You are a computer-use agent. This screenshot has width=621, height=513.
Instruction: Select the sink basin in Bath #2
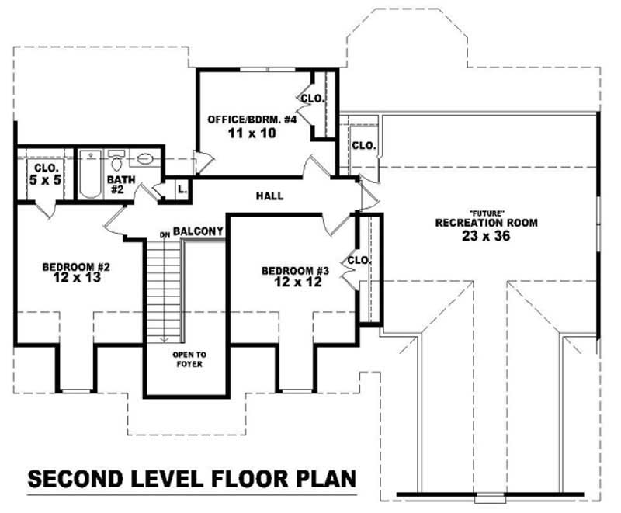145,160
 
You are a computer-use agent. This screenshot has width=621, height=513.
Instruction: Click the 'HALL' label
269,196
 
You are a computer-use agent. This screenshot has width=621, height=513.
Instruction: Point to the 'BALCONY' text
199,231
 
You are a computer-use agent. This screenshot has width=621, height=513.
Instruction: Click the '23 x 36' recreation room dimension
487,237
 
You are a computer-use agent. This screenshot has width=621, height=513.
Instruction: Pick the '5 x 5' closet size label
45,181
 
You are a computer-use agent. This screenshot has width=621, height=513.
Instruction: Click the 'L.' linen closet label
182,189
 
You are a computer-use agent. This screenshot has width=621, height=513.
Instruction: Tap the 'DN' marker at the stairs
165,234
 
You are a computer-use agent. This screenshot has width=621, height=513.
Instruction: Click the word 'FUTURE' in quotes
487,213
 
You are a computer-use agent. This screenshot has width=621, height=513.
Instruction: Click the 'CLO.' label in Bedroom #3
358,261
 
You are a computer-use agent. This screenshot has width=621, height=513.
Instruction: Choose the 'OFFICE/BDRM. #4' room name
241,120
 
